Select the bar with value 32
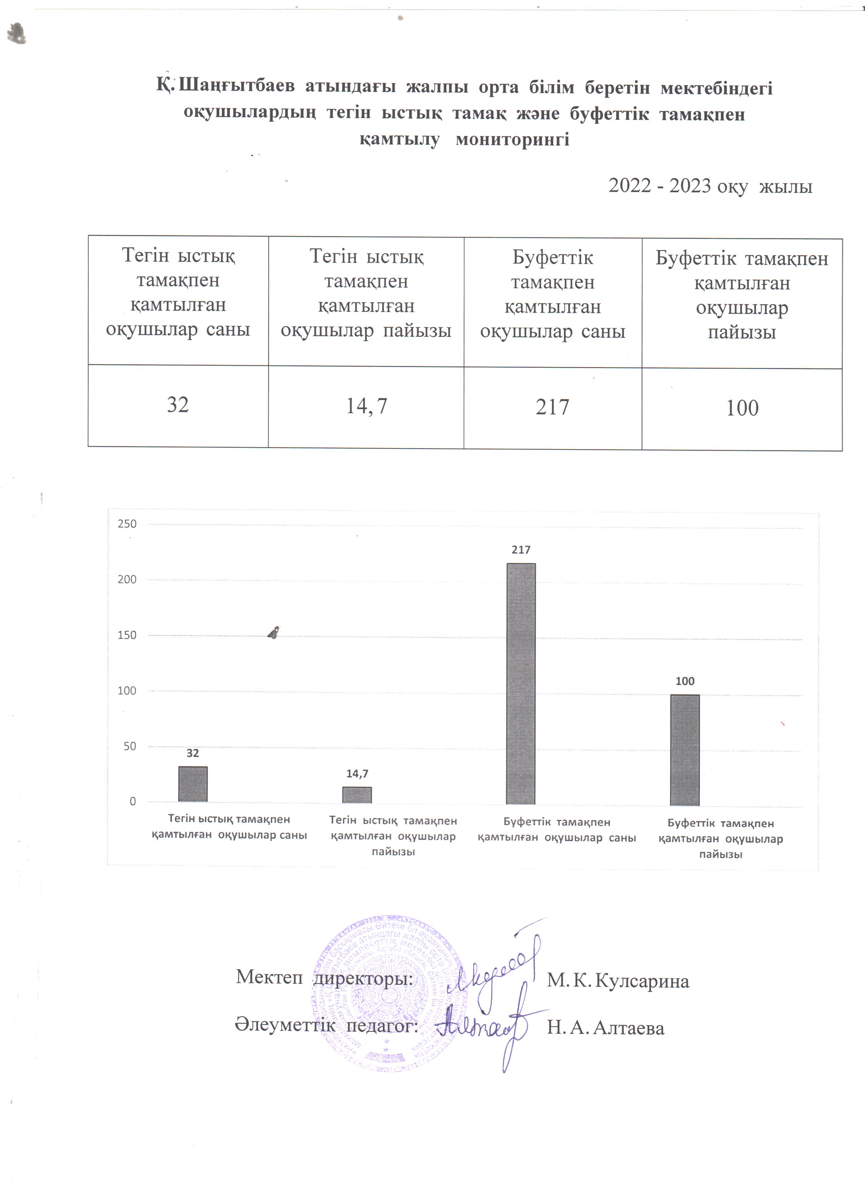[x=193, y=783]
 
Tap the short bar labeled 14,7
[x=357, y=794]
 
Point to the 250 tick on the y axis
[x=127, y=524]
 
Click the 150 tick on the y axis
[x=127, y=635]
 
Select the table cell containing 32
[x=178, y=405]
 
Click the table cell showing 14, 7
[x=366, y=406]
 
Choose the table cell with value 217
[x=552, y=407]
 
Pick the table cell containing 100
[x=742, y=408]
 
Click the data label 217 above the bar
[x=521, y=550]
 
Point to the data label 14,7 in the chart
[x=357, y=773]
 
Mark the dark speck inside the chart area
[x=274, y=632]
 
